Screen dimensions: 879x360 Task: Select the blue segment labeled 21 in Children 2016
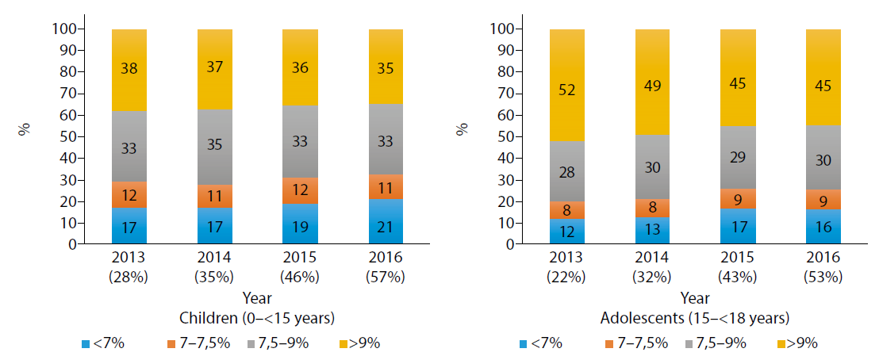[386, 222]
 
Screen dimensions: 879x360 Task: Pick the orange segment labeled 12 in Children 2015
[301, 190]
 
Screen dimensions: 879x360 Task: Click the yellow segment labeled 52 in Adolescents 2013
[566, 85]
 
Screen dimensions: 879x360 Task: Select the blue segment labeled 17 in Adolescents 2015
[739, 226]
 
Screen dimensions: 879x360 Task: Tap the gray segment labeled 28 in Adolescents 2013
[566, 171]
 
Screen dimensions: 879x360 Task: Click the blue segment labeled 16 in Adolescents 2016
[823, 227]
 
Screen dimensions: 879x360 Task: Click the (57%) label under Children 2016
[386, 277]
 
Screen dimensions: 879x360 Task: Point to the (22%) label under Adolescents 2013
[566, 277]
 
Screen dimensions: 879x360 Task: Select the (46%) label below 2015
[301, 277]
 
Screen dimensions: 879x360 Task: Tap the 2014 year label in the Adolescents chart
[653, 258]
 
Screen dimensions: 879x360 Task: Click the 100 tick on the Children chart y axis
[69, 29]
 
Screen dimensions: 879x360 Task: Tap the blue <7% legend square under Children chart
[86, 343]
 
